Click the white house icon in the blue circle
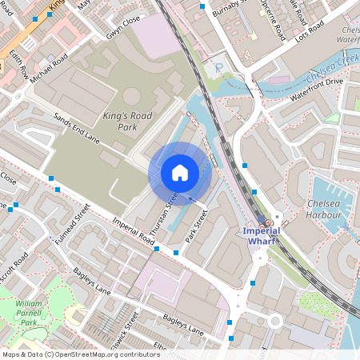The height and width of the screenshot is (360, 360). (x=180, y=173)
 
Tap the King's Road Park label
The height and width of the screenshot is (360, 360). (x=126, y=121)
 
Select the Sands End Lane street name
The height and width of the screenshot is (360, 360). (x=76, y=127)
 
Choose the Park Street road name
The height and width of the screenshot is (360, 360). (x=196, y=226)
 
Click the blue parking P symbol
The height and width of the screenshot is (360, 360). (x=218, y=70)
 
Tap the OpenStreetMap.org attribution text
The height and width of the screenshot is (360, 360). (x=104, y=354)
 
